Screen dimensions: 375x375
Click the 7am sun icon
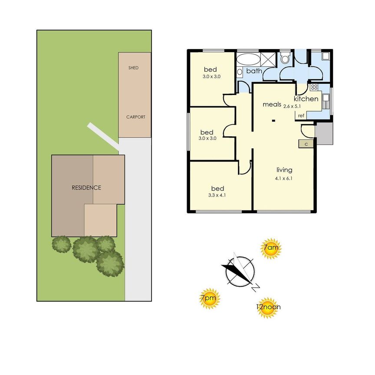coord(271,250)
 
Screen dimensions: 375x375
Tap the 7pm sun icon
coord(209,299)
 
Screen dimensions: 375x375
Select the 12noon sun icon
coord(268,307)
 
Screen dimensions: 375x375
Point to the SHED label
coord(133,68)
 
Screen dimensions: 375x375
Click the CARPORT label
coord(135,117)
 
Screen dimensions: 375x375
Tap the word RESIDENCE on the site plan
coord(86,188)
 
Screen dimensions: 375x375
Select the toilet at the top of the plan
coord(285,58)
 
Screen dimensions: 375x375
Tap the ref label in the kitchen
coord(300,116)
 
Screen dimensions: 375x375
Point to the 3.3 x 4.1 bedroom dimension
coord(217,195)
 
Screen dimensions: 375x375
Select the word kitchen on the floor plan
coord(306,99)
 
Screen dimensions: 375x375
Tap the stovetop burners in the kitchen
coord(314,87)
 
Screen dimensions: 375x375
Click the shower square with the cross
coord(270,59)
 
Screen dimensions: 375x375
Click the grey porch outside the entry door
coord(324,133)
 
